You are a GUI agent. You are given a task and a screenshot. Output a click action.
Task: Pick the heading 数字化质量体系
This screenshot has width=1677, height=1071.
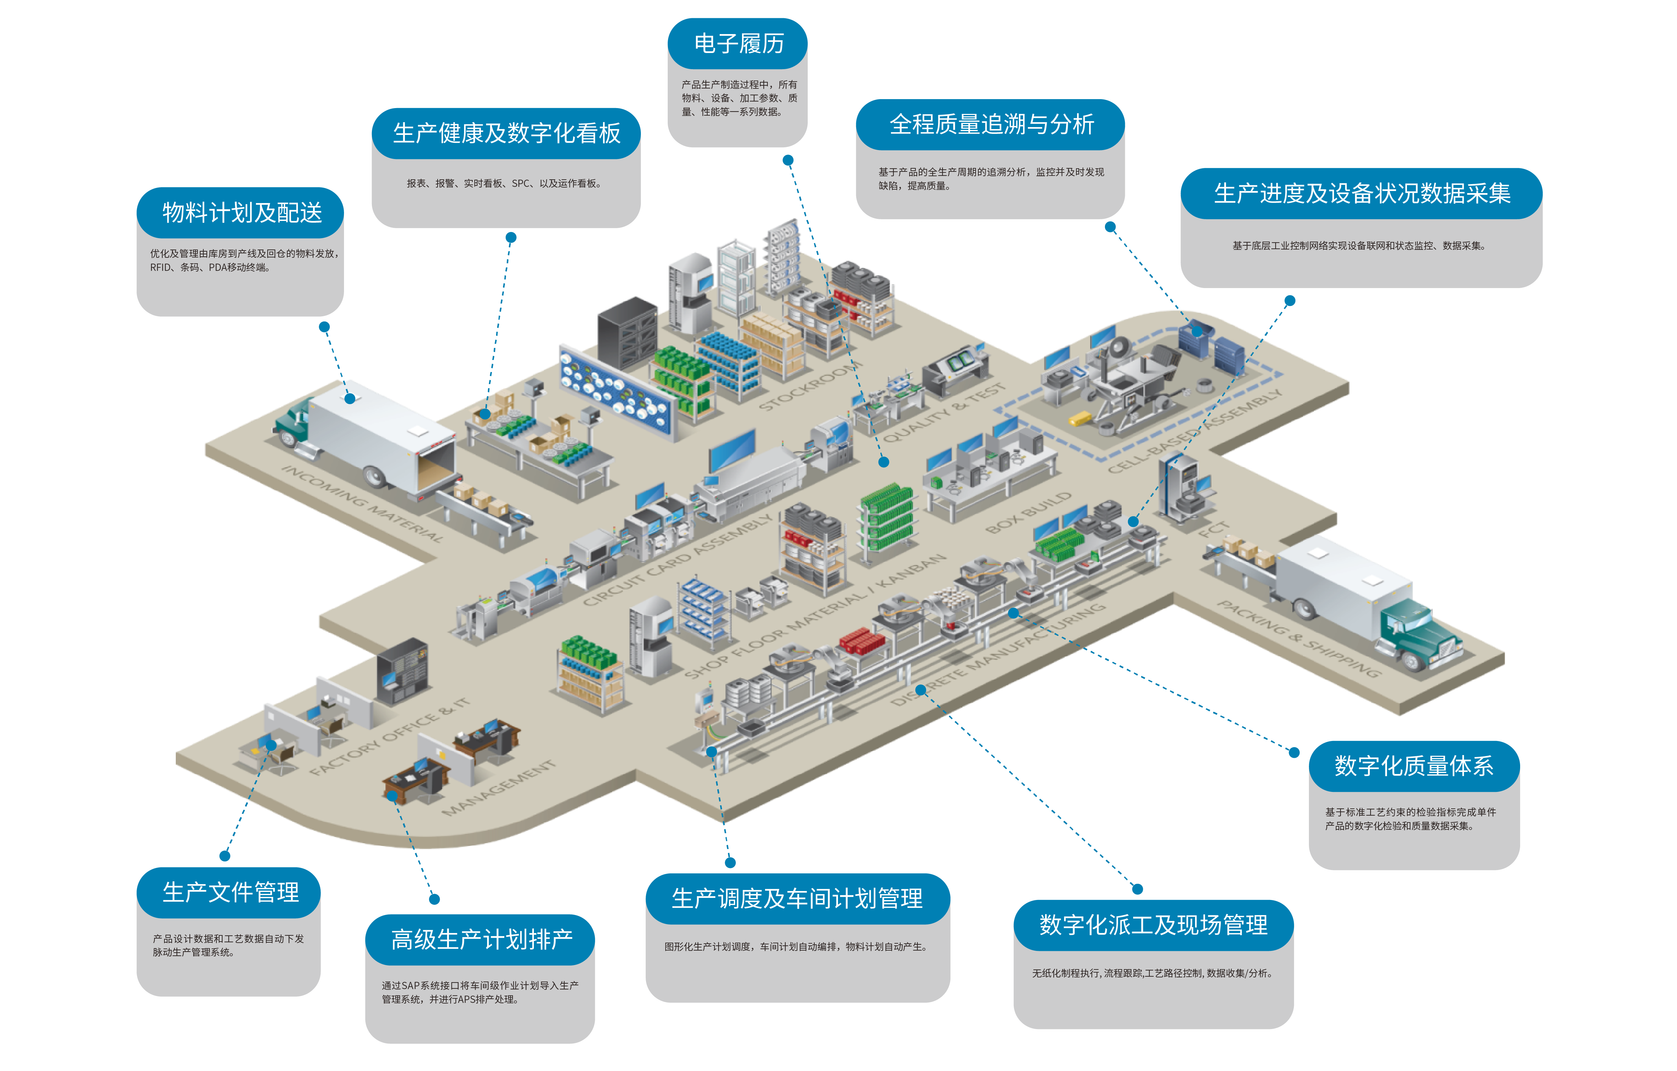[x=1414, y=766]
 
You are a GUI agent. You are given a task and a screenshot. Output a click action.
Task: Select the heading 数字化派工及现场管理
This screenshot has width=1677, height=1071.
[x=1153, y=925]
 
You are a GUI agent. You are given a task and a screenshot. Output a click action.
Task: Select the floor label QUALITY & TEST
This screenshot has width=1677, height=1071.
[x=944, y=413]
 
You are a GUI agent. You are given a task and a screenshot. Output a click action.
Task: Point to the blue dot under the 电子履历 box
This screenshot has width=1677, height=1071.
[x=788, y=160]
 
